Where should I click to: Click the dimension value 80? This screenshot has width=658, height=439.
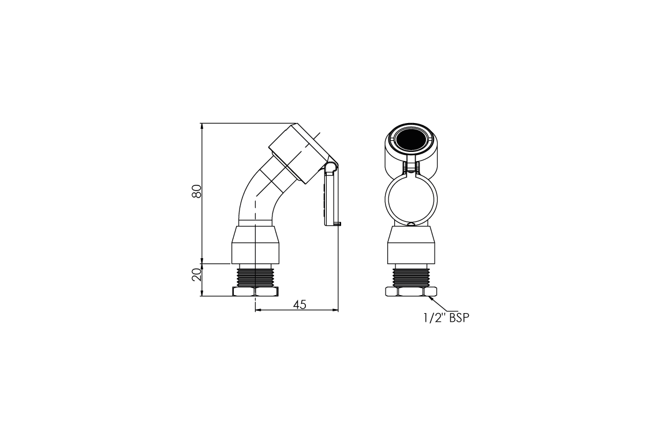tap(197, 191)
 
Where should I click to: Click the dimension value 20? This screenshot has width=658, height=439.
tap(197, 274)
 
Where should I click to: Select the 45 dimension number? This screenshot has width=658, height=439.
tap(299, 304)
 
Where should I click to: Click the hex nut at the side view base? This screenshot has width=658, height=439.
tap(255, 292)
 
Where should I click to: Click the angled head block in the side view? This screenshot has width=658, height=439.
tap(297, 153)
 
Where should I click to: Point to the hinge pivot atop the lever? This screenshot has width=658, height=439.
tap(330, 168)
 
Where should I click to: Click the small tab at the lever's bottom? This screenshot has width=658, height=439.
tap(338, 224)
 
